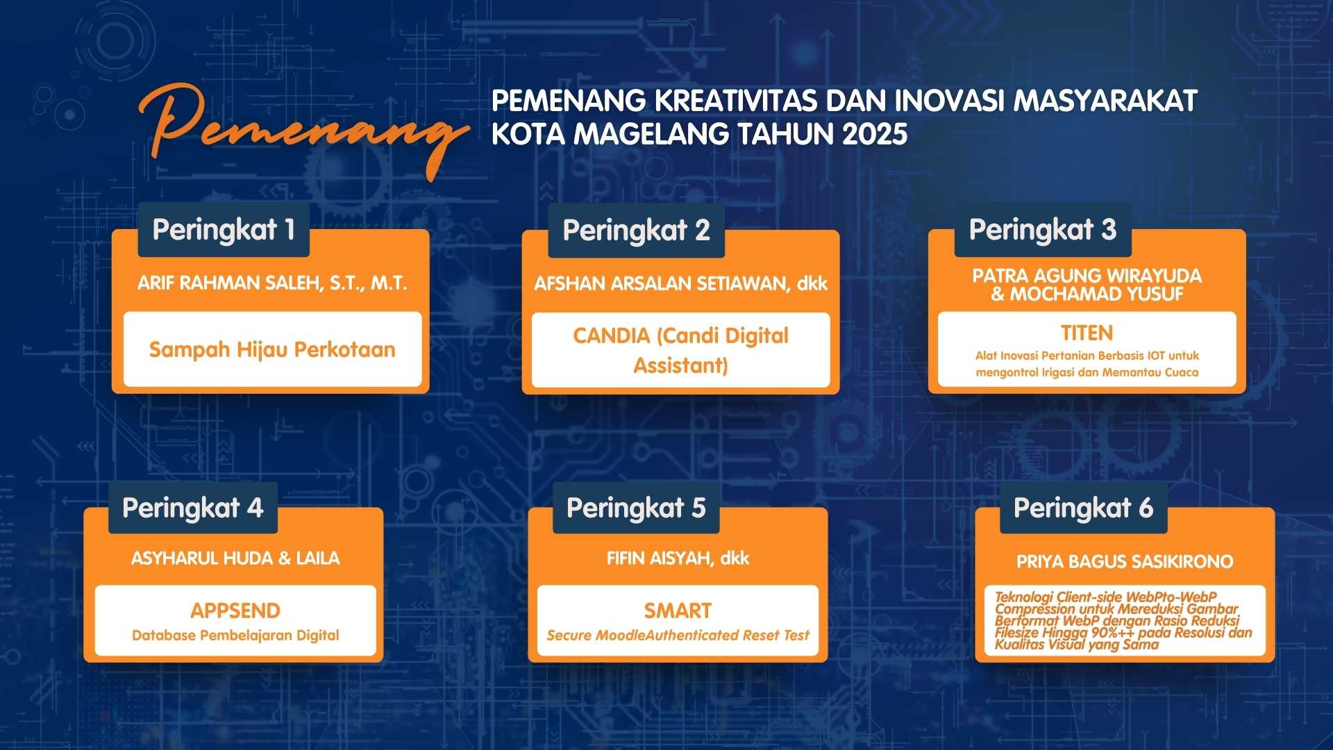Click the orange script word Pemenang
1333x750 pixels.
tap(303, 129)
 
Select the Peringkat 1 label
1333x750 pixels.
tap(224, 230)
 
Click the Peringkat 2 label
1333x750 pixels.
tap(636, 231)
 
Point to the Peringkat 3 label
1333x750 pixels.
tap(1043, 230)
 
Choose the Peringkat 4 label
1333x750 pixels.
tap(193, 508)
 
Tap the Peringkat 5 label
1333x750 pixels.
tap(636, 508)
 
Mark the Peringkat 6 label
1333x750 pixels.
tap(1083, 508)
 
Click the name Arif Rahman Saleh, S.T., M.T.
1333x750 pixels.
tap(272, 283)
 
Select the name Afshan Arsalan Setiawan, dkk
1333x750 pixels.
tap(680, 283)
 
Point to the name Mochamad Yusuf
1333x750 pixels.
tap(1096, 294)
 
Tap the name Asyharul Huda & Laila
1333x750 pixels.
tap(235, 558)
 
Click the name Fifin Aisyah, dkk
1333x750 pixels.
tap(678, 558)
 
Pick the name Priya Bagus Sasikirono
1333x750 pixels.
tap(1125, 562)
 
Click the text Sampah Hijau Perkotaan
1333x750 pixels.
tap(272, 349)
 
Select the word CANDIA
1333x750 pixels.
tap(611, 335)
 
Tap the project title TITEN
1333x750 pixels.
tap(1087, 333)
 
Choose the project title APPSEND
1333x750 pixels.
tap(235, 611)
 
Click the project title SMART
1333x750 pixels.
tap(678, 611)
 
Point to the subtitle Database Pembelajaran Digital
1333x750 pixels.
tap(235, 635)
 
